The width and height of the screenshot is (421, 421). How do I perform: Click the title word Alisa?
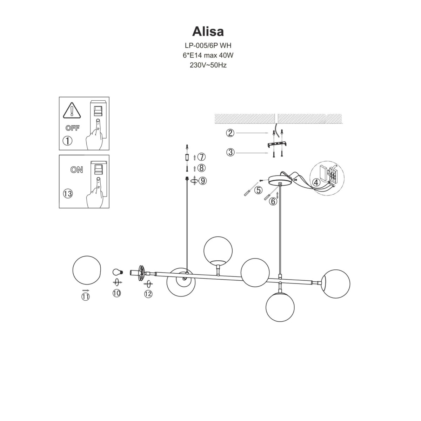(208, 31)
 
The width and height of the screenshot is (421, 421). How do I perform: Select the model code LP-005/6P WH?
(208, 45)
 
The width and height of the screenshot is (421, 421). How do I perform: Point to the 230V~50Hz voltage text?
(208, 65)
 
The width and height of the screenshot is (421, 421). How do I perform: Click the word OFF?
(72, 128)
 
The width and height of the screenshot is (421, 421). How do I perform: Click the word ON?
(76, 170)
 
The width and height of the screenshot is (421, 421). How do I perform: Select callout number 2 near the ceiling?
(230, 133)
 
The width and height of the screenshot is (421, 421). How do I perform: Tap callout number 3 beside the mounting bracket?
(230, 152)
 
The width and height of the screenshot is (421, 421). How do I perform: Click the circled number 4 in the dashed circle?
(316, 182)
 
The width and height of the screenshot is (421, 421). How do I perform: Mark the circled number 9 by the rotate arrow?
(202, 181)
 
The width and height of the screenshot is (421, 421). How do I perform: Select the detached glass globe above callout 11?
(87, 270)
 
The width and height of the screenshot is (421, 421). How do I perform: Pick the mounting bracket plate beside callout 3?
(277, 144)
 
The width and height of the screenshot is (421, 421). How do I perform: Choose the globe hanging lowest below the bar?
(280, 306)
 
